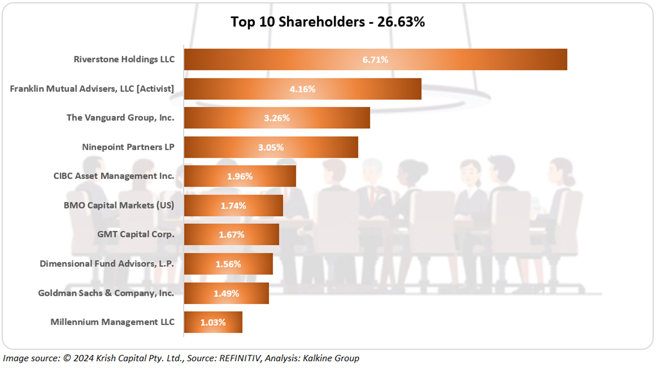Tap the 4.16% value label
302,89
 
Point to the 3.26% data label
277,118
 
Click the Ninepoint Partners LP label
128,147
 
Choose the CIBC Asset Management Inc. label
114,176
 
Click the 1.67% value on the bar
231,235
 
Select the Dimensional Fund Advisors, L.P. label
107,264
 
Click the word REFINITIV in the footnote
240,359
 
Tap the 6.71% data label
375,59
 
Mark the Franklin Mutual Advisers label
92,89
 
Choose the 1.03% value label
213,322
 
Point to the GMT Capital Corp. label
136,235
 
